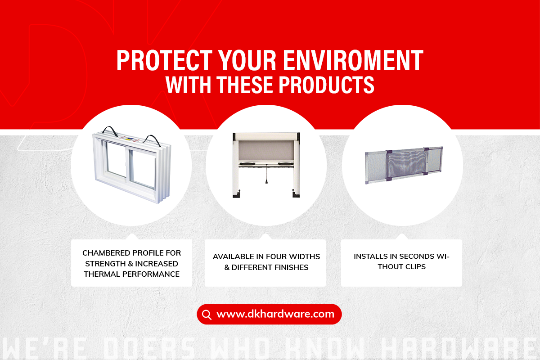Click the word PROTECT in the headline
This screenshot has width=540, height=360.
164,60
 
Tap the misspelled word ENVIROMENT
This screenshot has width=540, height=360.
353,60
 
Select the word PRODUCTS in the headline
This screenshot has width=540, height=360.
326,85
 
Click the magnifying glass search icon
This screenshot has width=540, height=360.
207,315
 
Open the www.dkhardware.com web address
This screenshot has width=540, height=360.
275,314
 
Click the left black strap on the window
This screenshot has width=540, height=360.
110,130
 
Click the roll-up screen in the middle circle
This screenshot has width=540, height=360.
266,165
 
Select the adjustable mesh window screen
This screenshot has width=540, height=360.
404,165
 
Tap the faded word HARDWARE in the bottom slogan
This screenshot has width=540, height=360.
459,349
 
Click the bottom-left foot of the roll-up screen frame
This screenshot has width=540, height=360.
236,194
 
